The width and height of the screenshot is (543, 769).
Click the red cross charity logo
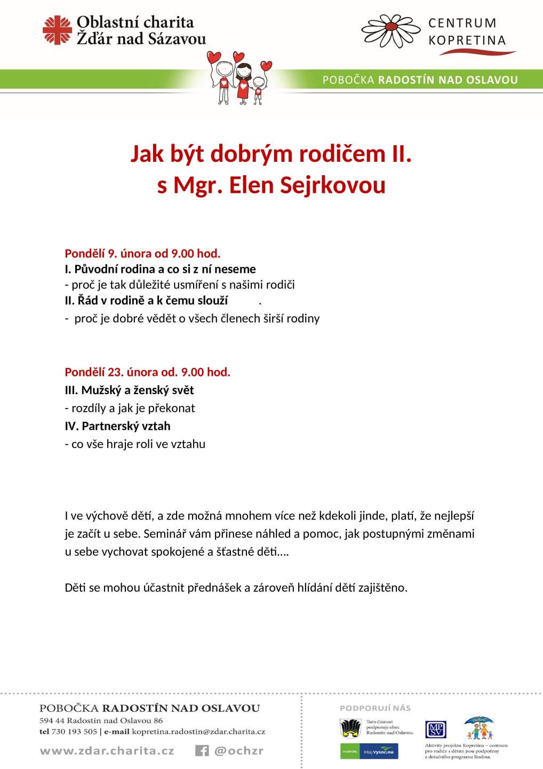[57, 30]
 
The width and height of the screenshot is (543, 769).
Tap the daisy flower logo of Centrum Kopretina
[391, 30]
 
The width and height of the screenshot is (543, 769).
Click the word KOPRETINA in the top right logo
[467, 41]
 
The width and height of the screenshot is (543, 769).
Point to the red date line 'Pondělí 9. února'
[142, 254]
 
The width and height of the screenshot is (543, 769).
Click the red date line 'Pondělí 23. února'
[147, 372]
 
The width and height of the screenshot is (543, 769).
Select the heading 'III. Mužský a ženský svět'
[129, 390]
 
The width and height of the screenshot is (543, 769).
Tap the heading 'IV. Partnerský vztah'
[117, 426]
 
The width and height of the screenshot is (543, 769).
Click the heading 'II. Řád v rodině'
[146, 301]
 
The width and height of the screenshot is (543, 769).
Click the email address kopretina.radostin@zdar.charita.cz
[198, 732]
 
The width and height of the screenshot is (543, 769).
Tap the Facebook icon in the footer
[202, 751]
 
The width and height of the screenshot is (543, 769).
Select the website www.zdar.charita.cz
[107, 751]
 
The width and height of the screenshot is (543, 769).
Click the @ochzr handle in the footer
[239, 751]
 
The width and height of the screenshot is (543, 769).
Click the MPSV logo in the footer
[435, 729]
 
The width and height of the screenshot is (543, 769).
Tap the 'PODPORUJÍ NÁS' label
[375, 708]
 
